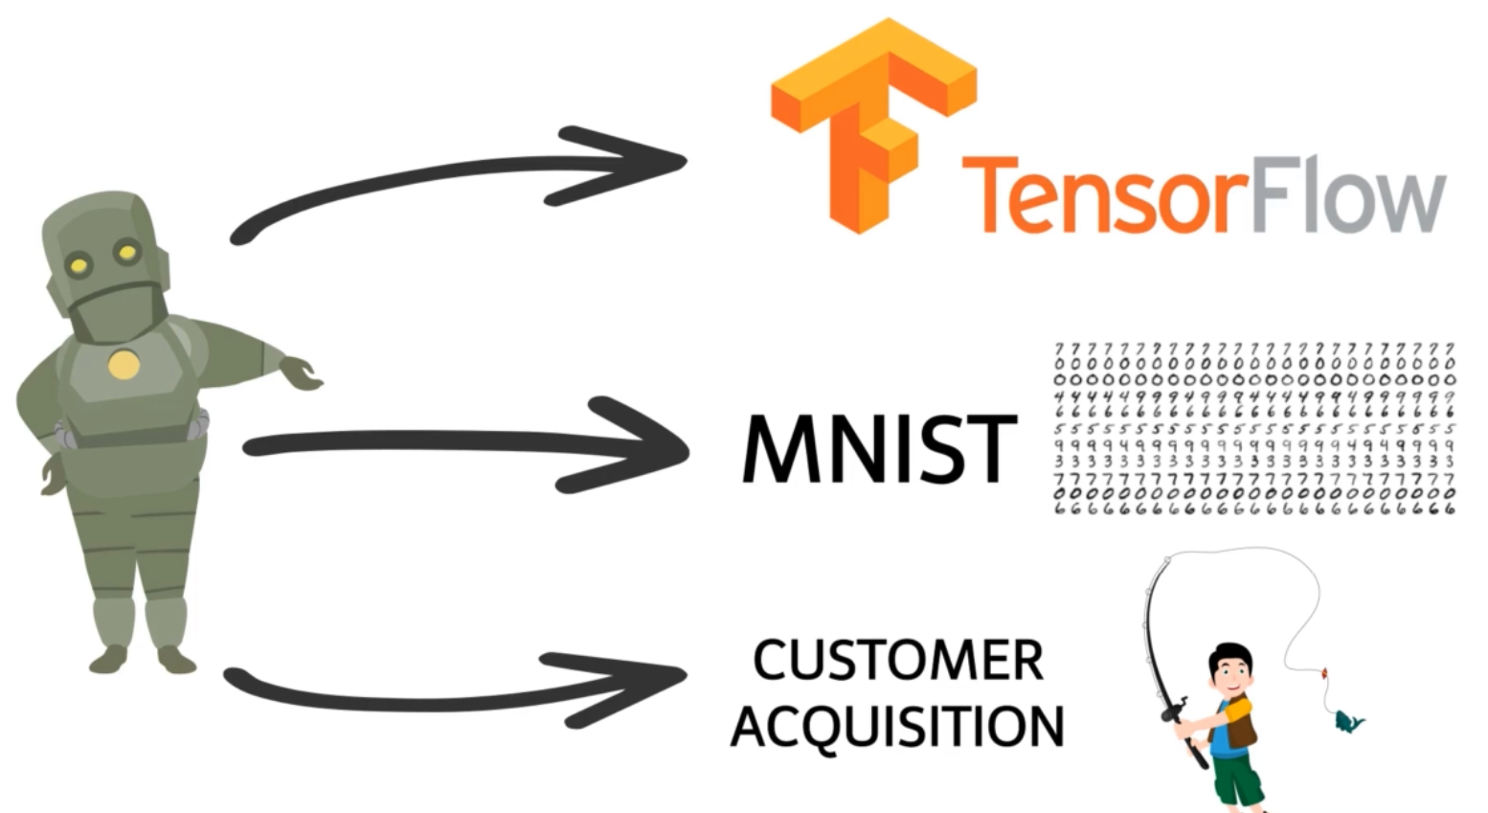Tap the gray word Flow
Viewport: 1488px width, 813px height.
tap(1346, 199)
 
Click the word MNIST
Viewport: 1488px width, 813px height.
tap(879, 449)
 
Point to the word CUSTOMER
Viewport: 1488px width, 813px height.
tap(897, 661)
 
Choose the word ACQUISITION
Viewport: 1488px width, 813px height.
tap(897, 727)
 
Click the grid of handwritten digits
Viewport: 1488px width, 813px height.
tap(1253, 428)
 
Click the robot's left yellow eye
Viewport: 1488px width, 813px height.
tap(79, 264)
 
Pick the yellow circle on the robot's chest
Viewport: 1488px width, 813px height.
tap(123, 365)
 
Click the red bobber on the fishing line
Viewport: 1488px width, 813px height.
tap(1324, 674)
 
